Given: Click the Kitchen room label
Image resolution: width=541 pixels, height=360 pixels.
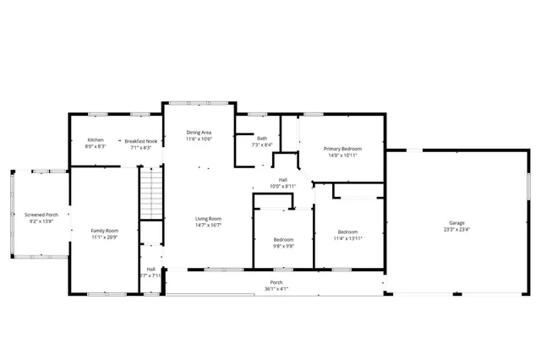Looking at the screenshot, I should [x=96, y=140].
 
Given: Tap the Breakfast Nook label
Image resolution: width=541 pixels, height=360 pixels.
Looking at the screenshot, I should [x=141, y=140].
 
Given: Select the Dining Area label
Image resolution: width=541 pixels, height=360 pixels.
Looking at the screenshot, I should [x=199, y=133].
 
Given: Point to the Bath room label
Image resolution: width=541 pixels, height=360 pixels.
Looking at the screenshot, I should [x=262, y=139].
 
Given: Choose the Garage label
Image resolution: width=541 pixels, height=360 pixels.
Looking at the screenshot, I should [x=456, y=223].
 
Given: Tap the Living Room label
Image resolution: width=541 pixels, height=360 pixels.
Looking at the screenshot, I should [x=208, y=219].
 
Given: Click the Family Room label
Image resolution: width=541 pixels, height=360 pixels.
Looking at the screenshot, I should [x=105, y=231].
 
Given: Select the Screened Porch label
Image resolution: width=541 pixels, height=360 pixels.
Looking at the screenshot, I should [x=41, y=215].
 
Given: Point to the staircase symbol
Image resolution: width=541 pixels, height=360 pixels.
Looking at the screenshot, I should [x=150, y=193].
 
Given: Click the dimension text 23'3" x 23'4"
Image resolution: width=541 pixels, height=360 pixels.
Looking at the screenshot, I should [x=456, y=230].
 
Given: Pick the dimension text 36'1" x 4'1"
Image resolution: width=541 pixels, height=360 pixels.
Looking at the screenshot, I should [x=276, y=289].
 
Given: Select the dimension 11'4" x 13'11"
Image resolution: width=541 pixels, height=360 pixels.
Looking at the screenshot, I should [x=348, y=238].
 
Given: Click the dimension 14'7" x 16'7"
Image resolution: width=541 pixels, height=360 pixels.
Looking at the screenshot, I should [x=208, y=226].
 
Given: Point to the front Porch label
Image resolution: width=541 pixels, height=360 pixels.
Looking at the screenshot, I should [x=276, y=282].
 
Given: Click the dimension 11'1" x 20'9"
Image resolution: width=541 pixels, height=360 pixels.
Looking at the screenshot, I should [x=105, y=237].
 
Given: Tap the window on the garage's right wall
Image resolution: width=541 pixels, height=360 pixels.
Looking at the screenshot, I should [x=528, y=186].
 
